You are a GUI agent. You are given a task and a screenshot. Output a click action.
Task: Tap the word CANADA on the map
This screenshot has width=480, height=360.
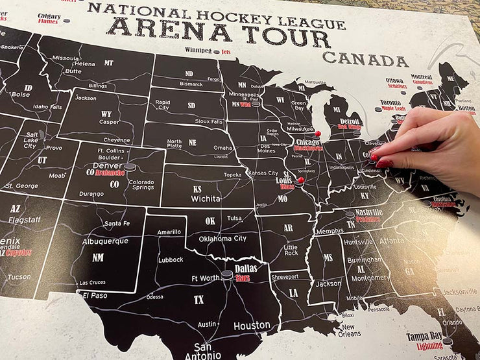pyautogui.click(x=365, y=59)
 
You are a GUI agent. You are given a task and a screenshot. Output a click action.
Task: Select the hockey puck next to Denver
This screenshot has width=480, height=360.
pyautogui.click(x=130, y=167)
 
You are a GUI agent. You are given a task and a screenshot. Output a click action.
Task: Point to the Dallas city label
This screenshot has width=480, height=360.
pyautogui.click(x=245, y=268)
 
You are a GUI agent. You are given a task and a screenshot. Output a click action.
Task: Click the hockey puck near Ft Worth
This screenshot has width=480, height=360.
pyautogui.click(x=226, y=275)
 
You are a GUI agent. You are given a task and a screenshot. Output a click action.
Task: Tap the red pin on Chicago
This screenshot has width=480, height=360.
pyautogui.click(x=317, y=134)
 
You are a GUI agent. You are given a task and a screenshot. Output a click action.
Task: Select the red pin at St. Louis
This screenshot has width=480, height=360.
pyautogui.click(x=300, y=180)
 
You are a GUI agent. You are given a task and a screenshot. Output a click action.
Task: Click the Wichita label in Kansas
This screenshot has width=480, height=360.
pyautogui.click(x=206, y=198)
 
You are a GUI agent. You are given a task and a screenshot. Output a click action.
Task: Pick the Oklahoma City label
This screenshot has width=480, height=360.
pyautogui.click(x=222, y=238)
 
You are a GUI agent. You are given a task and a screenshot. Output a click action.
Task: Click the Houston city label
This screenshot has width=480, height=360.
pyautogui.click(x=252, y=325)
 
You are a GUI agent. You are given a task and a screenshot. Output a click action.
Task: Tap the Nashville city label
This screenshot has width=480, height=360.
pyautogui.click(x=369, y=212)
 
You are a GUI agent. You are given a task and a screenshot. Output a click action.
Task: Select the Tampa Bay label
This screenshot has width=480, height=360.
pyautogui.click(x=424, y=337)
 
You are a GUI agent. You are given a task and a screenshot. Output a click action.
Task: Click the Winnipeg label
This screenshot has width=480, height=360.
pyautogui.click(x=198, y=50)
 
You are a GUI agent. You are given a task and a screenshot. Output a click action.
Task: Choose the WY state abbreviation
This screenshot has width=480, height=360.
pyautogui.click(x=106, y=114)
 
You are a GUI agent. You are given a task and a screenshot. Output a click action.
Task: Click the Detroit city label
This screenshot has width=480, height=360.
pyautogui.click(x=350, y=121)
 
